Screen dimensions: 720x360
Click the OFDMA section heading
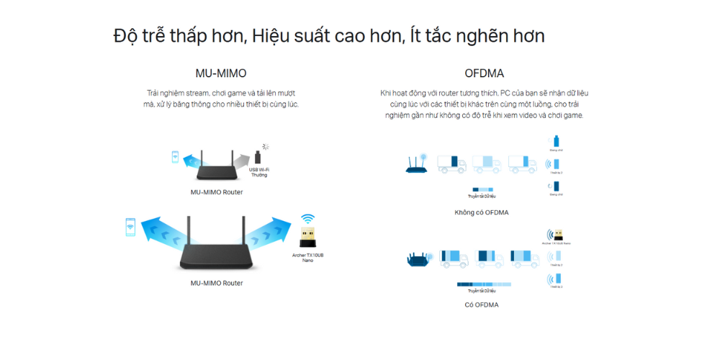[484, 73]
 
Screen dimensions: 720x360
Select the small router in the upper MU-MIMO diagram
[216, 168]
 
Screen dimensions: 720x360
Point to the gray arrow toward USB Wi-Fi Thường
[244, 158]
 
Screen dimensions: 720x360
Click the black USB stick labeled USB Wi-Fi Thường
[259, 157]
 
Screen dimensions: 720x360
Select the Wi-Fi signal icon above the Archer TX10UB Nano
[307, 218]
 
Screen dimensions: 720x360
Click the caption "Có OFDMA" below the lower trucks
[481, 305]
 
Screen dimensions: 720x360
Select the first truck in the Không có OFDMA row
[449, 164]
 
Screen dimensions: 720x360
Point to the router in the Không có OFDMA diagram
[417, 164]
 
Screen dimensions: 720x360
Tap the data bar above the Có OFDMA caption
[482, 284]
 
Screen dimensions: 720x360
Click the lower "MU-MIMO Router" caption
[217, 283]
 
